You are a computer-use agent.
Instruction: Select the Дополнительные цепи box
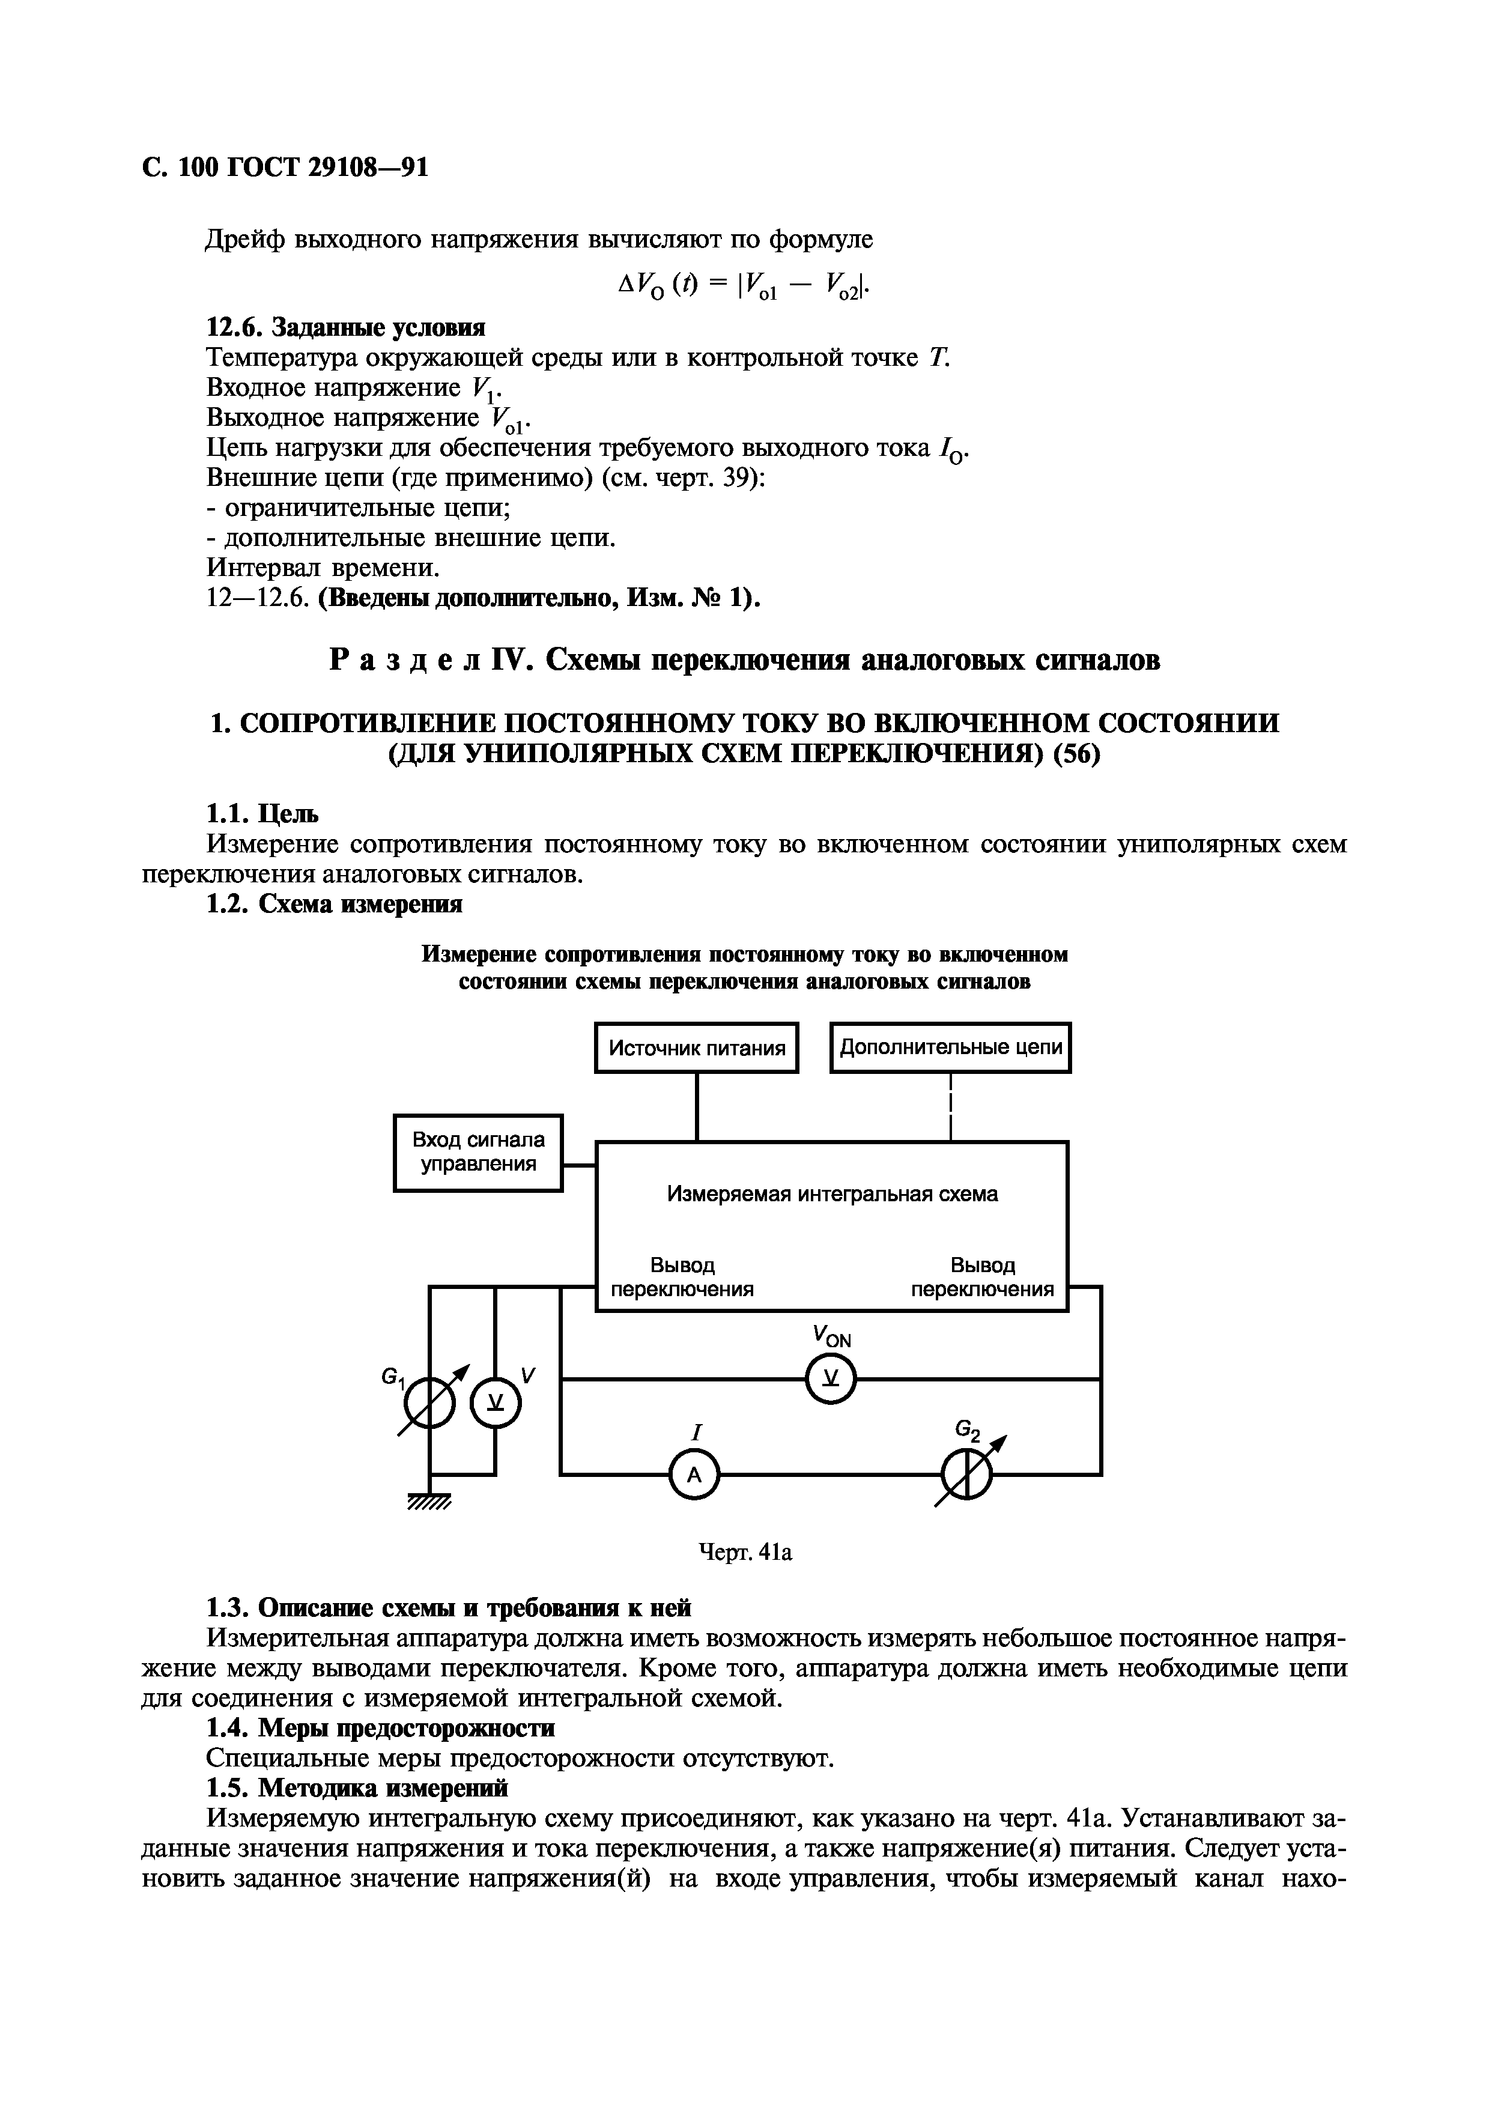(950, 1047)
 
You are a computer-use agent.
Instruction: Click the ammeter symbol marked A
(694, 1475)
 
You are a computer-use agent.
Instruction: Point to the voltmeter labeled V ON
(830, 1378)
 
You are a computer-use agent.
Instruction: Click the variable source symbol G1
(428, 1402)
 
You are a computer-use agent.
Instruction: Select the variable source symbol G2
(967, 1475)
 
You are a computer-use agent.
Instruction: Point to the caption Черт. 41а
(745, 1552)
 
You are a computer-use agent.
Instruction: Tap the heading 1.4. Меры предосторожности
(380, 1728)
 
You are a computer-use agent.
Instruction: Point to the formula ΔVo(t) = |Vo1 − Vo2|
(743, 289)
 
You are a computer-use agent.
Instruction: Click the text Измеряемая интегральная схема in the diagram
(832, 1194)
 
